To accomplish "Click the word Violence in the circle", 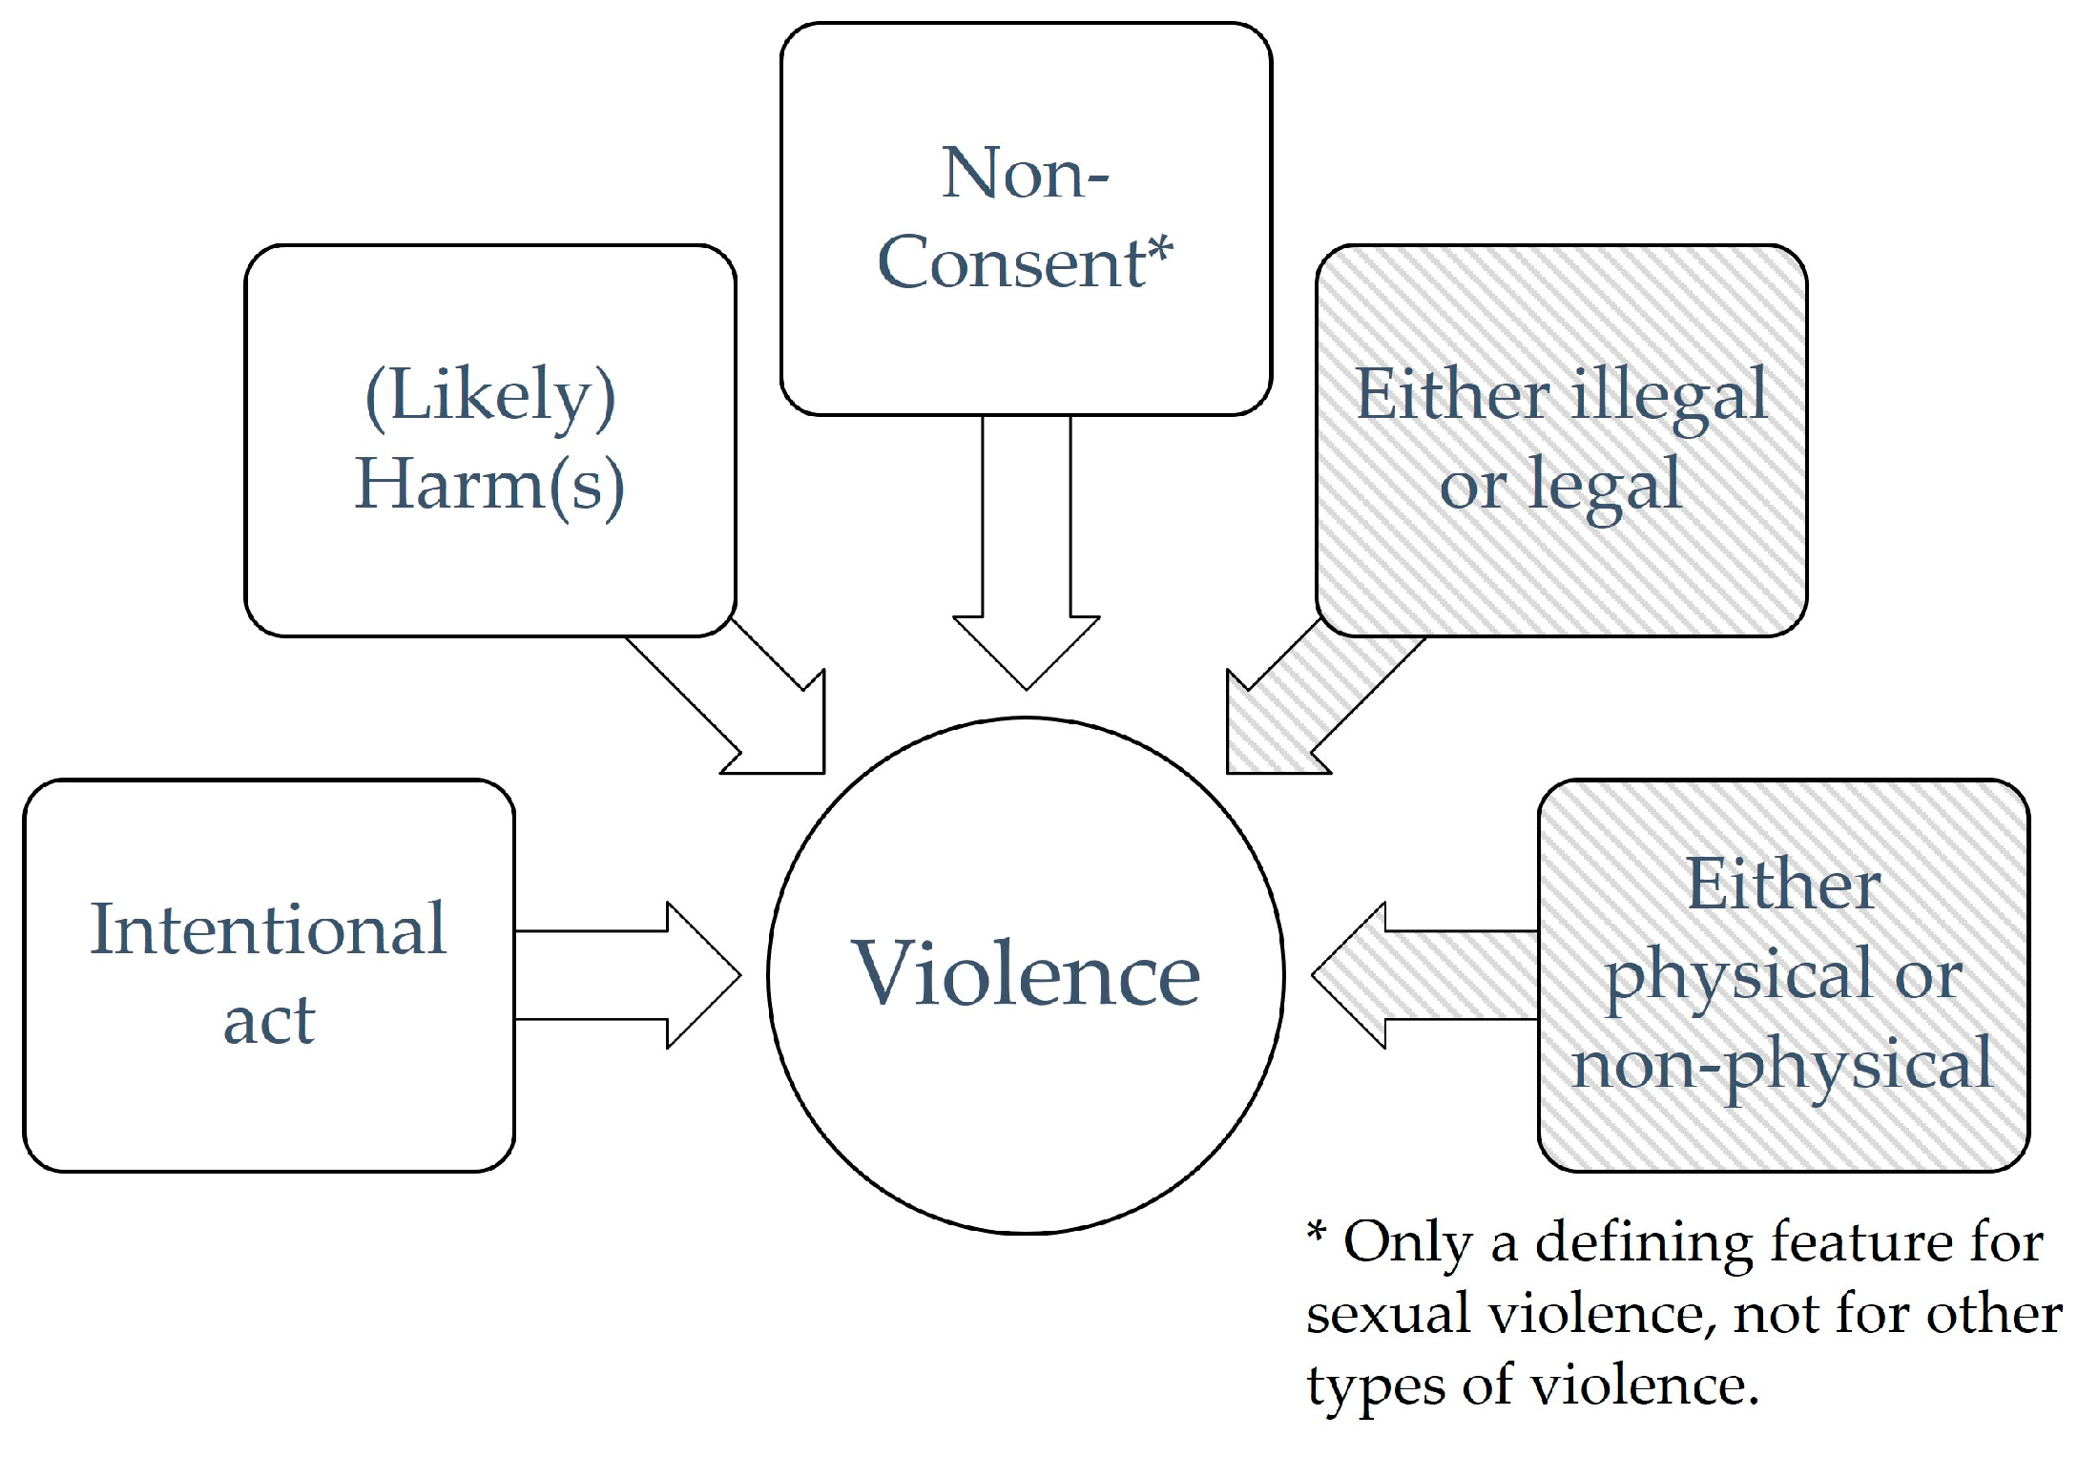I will coord(1026,974).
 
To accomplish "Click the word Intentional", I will coord(268,929).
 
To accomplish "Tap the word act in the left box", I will coord(268,1020).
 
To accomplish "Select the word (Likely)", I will coord(490,395).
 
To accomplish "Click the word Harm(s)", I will coord(490,485).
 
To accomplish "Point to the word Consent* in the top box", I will coord(1025,262).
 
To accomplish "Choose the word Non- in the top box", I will coord(1025,174).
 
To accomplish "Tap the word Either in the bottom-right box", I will coord(1783,885).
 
